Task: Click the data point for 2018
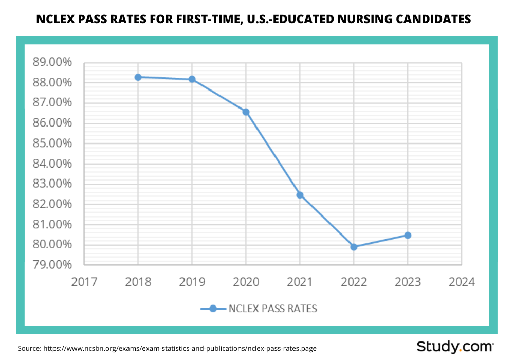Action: pos(138,77)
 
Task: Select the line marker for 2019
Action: pos(192,79)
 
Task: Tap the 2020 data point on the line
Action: pos(246,112)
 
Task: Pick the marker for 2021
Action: pos(300,195)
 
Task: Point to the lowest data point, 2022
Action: pos(354,247)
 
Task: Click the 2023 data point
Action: pos(408,235)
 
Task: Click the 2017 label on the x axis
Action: pos(84,282)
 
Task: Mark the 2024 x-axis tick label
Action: pos(462,282)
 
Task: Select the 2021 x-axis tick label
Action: pos(300,282)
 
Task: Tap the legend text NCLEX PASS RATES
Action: pos(273,309)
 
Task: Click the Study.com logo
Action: pos(455,346)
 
